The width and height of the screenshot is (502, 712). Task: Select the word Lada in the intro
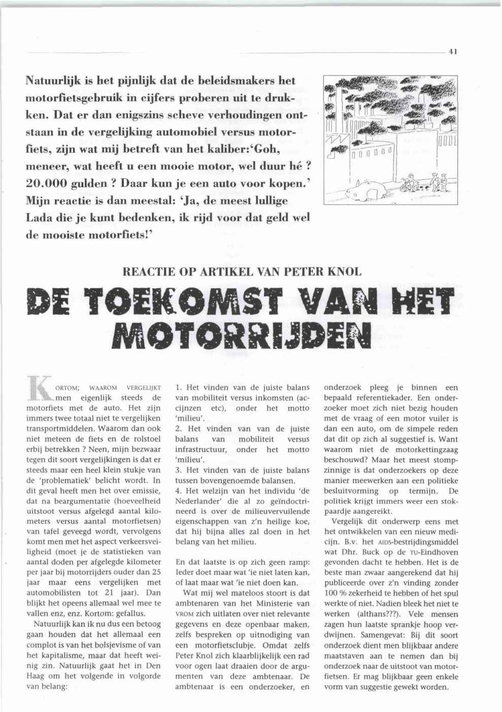click(40, 217)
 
